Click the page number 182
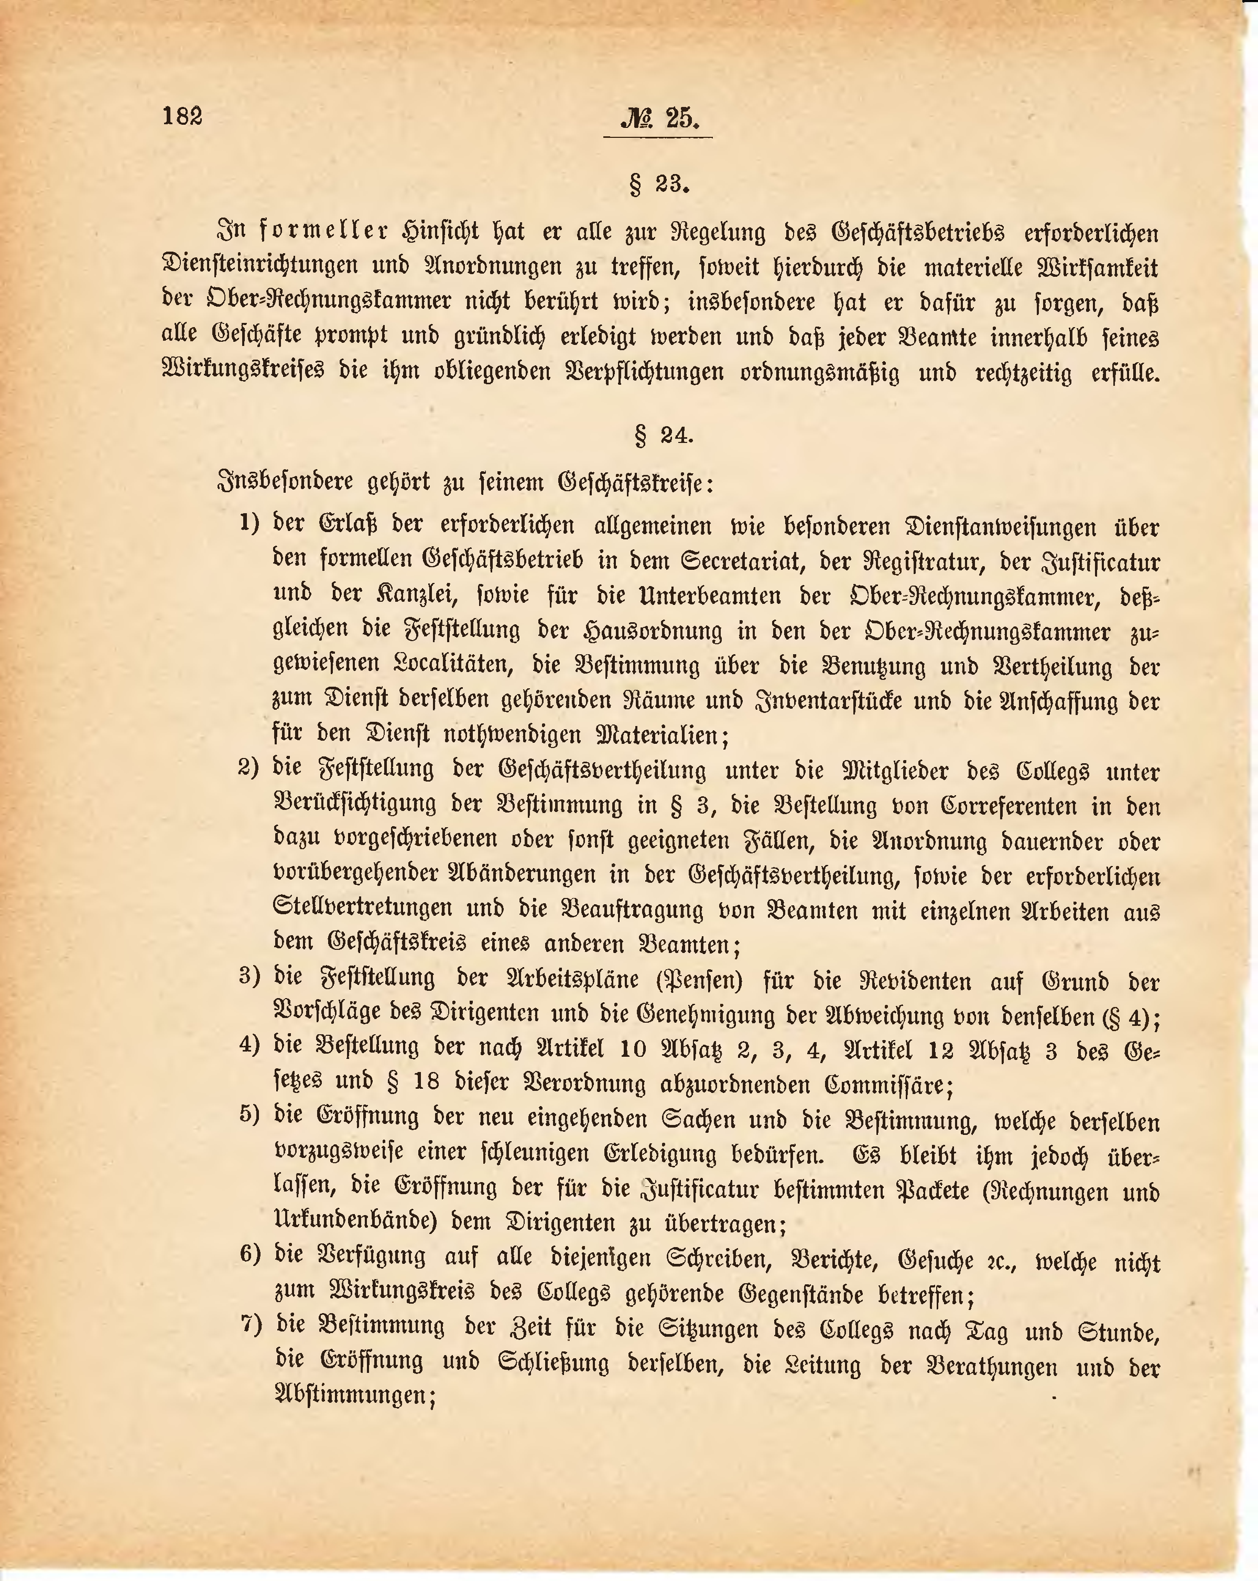pyautogui.click(x=182, y=116)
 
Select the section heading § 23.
pyautogui.click(x=659, y=184)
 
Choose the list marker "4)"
pyautogui.click(x=250, y=1046)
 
